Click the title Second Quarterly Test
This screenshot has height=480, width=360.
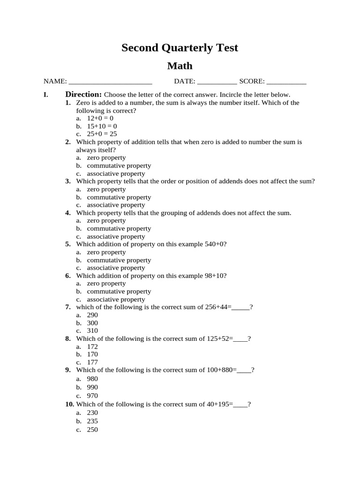180,48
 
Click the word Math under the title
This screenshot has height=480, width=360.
180,66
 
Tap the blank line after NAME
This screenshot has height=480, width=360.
110,82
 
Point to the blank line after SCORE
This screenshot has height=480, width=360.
286,82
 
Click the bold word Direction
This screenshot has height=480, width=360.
83,94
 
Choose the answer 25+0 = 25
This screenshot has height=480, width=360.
102,134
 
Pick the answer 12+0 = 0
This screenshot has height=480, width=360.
100,119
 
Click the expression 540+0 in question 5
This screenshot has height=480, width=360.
214,244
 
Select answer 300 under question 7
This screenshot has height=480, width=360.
92,323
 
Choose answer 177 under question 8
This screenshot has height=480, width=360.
92,362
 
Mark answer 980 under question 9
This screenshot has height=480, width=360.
92,378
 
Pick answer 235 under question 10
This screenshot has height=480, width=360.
92,421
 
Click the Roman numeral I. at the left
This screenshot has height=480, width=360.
46,95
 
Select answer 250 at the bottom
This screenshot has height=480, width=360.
92,429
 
